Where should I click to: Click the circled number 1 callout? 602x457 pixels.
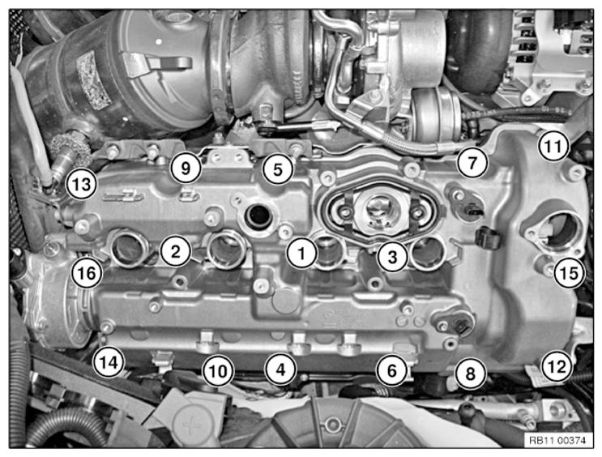301,253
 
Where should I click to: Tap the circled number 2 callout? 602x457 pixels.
176,251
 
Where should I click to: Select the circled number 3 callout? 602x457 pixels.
392,257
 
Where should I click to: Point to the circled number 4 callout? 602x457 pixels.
281,369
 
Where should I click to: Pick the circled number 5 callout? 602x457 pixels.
278,169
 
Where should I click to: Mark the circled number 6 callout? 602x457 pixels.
391,370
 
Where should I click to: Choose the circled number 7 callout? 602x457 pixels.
472,162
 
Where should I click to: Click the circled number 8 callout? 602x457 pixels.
471,374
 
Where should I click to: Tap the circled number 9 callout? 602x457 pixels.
186,168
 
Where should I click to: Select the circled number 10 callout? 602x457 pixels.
218,371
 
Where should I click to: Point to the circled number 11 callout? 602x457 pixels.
553,146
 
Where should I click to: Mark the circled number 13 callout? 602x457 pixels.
81,184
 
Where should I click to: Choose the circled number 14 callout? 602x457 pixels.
109,361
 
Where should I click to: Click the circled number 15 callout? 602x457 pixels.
569,273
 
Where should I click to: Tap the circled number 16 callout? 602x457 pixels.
87,273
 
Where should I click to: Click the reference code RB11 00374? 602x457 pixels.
557,440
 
